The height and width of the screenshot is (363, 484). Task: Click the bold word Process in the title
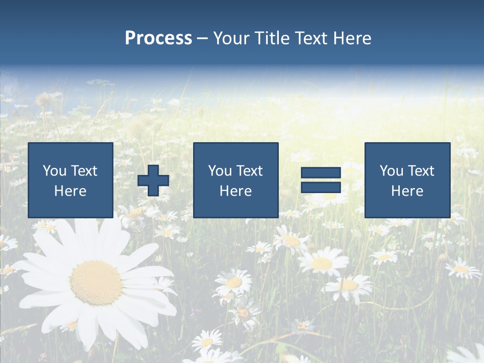(158, 38)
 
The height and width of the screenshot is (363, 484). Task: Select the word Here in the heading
(352, 38)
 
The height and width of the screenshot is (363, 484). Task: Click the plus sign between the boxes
(153, 180)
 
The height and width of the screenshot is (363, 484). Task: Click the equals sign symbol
(321, 180)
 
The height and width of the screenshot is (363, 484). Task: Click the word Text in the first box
(84, 171)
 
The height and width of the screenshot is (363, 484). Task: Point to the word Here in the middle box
(235, 191)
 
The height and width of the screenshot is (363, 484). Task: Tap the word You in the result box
(391, 171)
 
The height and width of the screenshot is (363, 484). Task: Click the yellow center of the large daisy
(96, 282)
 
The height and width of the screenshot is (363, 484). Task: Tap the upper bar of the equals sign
(321, 173)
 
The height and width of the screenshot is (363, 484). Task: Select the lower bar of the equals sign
(321, 188)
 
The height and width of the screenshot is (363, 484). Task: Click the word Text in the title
(312, 38)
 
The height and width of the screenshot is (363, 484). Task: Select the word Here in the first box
(71, 191)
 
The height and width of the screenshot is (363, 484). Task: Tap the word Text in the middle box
(249, 171)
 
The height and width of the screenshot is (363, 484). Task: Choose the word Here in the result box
(407, 191)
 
